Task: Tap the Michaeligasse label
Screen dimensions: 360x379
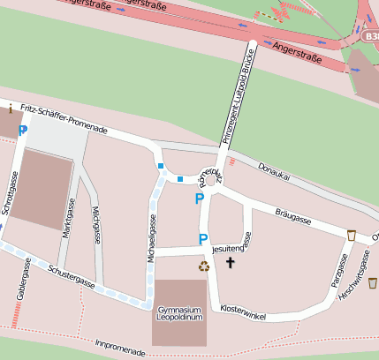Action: pyautogui.click(x=151, y=239)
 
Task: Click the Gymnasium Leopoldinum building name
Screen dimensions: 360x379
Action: pyautogui.click(x=180, y=313)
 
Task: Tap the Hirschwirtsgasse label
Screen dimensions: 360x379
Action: pyautogui.click(x=360, y=272)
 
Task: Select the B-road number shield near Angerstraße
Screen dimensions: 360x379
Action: pyautogui.click(x=371, y=37)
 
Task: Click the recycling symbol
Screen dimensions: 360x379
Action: pyautogui.click(x=204, y=265)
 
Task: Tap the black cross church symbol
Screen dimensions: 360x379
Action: pyautogui.click(x=231, y=262)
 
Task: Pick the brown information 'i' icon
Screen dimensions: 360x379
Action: pyautogui.click(x=9, y=109)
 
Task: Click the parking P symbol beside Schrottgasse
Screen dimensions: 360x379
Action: pyautogui.click(x=23, y=130)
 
